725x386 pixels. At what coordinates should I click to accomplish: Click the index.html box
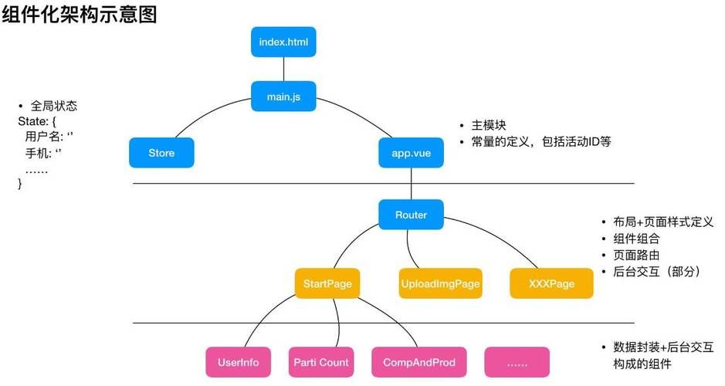[283, 42]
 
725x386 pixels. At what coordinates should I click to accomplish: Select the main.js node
[283, 96]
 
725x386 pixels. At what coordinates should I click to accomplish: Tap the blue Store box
[161, 153]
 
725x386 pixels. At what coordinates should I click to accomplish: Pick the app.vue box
[411, 153]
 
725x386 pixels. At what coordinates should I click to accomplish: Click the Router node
[411, 215]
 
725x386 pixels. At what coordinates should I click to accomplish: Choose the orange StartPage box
[327, 283]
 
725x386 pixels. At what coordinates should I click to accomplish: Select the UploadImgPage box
[440, 283]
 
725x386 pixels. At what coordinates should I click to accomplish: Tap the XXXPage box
[551, 283]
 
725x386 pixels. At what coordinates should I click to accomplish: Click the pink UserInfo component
[239, 362]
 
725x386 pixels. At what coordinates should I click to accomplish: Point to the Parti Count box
[321, 362]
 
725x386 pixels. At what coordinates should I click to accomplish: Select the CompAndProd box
[419, 362]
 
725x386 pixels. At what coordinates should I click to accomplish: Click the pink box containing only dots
[517, 362]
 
